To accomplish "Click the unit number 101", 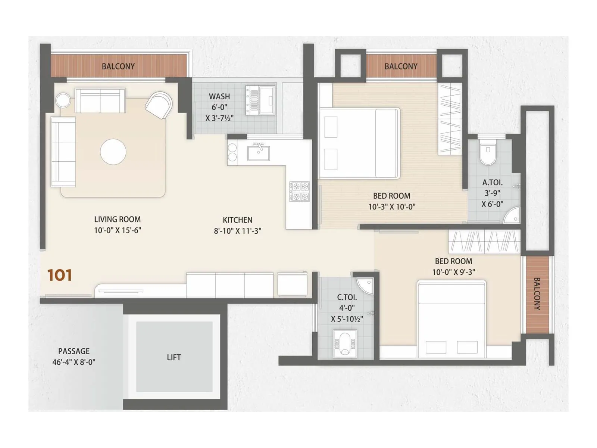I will pos(60,276).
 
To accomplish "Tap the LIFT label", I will pos(174,357).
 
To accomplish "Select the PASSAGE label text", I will pos(74,351).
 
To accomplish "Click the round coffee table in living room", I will pos(113,152).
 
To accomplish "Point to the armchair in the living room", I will pos(159,105).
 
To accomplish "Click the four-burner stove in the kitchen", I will pos(300,191).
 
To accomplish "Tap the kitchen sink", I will pos(259,153).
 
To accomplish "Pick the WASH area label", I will pos(219,96).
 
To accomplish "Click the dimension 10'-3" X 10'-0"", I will pos(392,207).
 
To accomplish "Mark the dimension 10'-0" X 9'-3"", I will pos(453,272).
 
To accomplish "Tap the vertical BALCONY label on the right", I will pos(537,293).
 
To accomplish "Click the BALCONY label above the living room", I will pos(118,66).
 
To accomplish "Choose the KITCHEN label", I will pos(238,220).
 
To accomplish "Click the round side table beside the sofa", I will pos(63,100).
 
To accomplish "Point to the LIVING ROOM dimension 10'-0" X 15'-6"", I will pos(118,230).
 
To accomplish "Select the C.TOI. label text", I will pos(347,297).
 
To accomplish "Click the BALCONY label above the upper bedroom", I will pos(401,66).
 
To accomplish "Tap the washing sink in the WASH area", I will pos(267,100).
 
